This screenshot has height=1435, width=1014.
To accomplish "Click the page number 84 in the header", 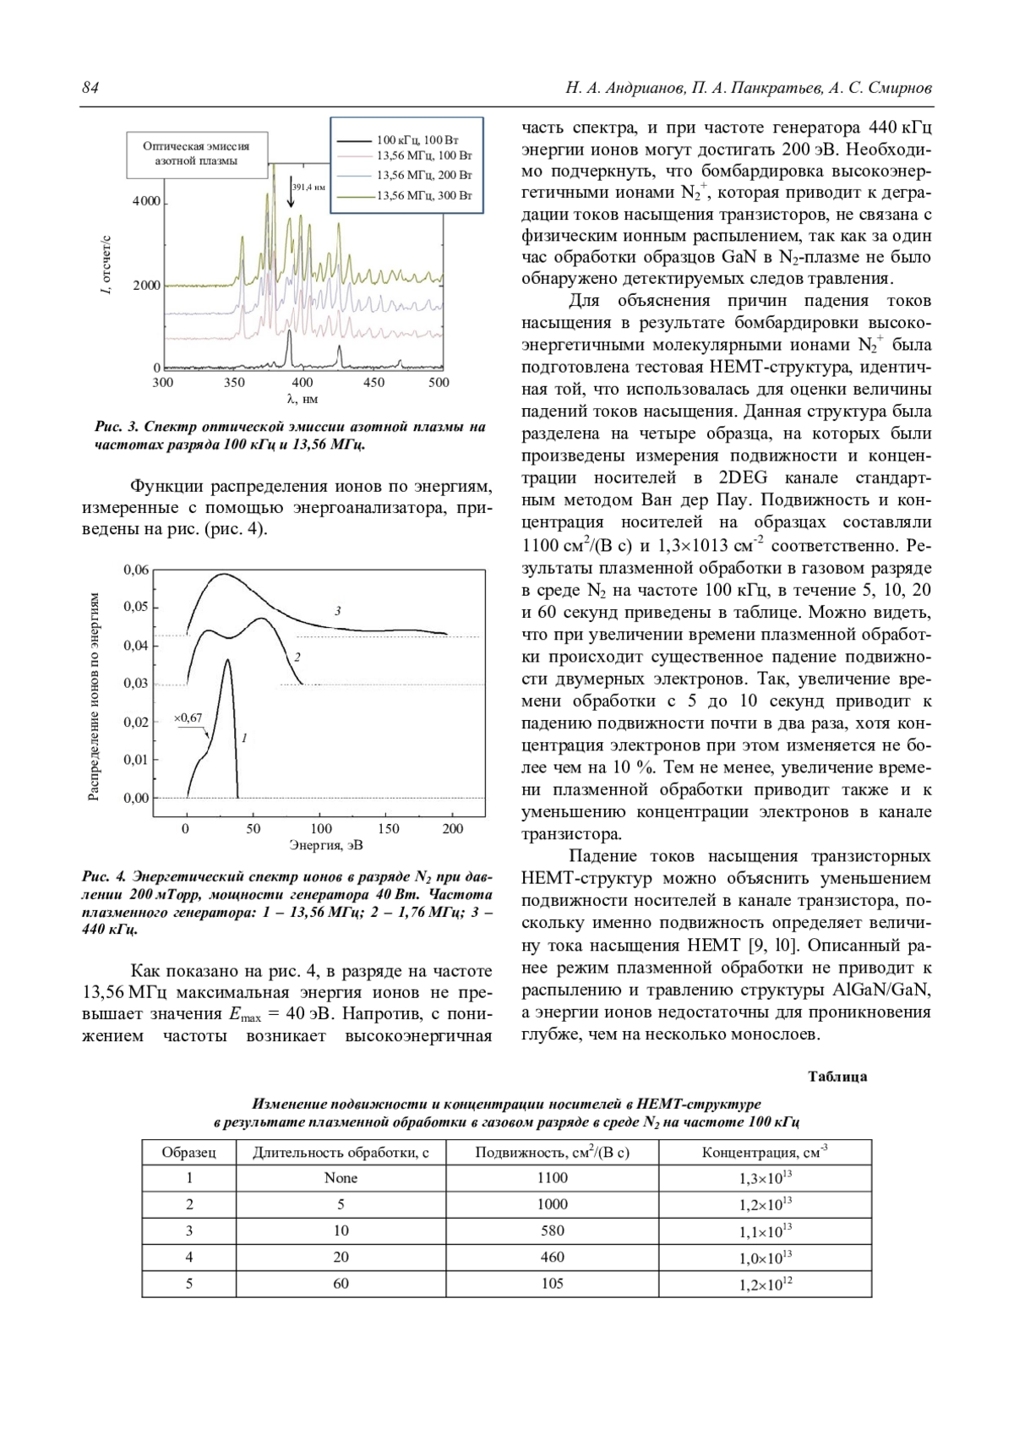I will pos(90,88).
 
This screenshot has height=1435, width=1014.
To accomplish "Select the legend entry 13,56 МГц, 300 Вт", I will pos(423,195).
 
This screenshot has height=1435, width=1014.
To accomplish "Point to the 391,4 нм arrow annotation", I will pos(292,193).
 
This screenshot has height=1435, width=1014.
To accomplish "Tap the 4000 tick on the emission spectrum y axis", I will pos(146,202).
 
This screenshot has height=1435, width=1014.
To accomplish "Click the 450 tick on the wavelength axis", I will pos(373,383).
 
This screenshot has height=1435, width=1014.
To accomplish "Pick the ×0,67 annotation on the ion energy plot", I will pos(188,718).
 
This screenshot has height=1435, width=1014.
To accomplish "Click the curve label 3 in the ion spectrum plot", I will pos(337,610).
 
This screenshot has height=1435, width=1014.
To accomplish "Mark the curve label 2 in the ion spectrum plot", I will pos(297,657).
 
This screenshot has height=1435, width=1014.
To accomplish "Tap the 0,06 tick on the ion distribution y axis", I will pos(136,570).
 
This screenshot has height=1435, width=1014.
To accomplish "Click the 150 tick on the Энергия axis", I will pos(387,829).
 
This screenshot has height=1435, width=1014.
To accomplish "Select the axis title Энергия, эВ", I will pos(326,844).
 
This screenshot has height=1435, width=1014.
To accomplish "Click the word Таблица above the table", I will pos(837,1077).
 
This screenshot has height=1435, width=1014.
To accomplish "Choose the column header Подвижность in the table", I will pos(552,1152).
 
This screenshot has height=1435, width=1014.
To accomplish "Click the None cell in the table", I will pos(341,1178).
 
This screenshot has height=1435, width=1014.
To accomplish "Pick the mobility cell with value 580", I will pos(552,1230).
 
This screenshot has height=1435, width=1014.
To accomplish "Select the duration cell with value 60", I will pos(341,1283).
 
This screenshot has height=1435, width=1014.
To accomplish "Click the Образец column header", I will pos(188,1152).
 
